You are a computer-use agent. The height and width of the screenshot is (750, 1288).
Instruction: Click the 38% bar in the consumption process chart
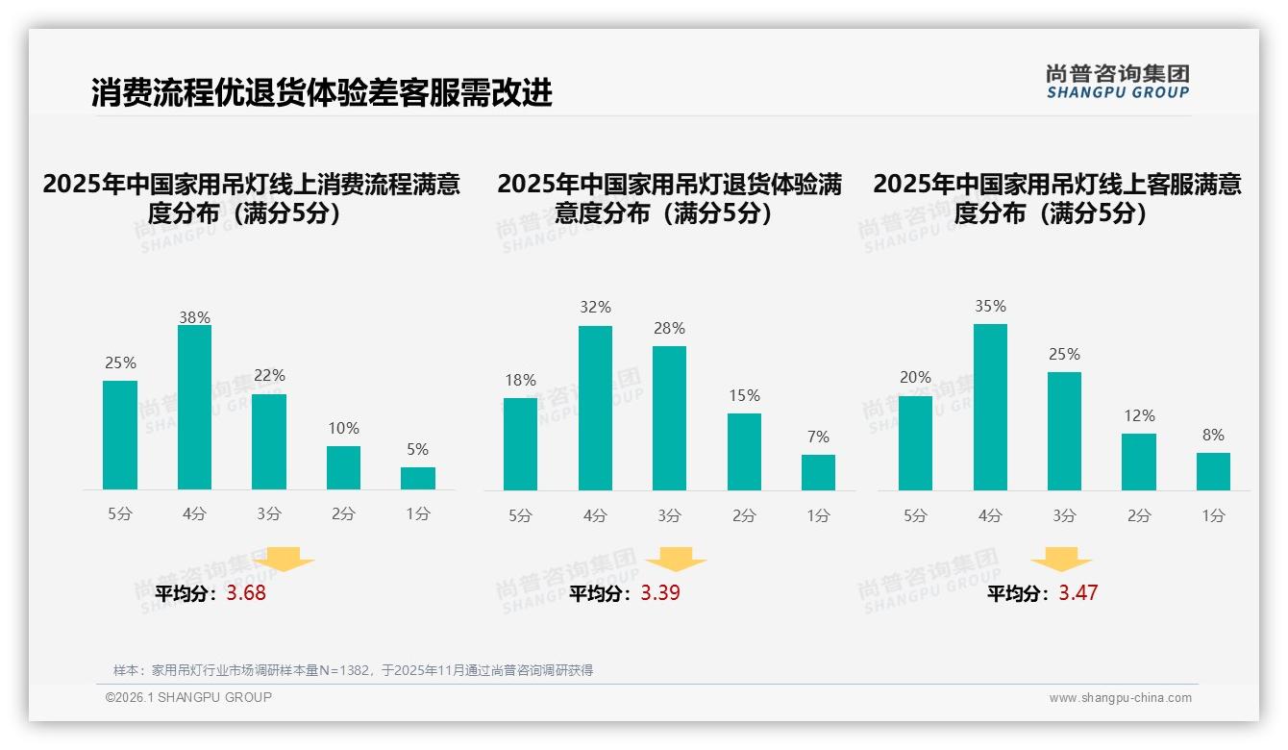pyautogui.click(x=194, y=408)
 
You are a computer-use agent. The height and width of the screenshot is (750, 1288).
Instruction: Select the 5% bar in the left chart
pyautogui.click(x=418, y=478)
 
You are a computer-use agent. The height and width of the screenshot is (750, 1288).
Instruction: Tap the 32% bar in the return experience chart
pyautogui.click(x=595, y=408)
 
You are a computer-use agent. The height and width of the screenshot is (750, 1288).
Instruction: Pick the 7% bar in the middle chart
pyautogui.click(x=818, y=472)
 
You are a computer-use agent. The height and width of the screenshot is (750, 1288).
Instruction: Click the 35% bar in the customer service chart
pyautogui.click(x=990, y=407)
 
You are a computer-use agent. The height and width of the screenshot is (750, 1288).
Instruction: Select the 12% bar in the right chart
pyautogui.click(x=1139, y=462)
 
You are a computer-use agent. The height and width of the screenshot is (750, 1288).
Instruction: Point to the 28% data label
pyautogui.click(x=669, y=329)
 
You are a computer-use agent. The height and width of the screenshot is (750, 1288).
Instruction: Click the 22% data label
pyautogui.click(x=269, y=375)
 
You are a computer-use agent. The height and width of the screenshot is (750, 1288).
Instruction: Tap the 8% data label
pyautogui.click(x=1213, y=436)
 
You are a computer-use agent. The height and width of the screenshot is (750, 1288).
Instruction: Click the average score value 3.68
pyautogui.click(x=246, y=593)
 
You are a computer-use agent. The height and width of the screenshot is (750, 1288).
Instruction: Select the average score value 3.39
pyautogui.click(x=660, y=593)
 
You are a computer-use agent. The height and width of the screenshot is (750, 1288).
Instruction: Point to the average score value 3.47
pyautogui.click(x=1078, y=593)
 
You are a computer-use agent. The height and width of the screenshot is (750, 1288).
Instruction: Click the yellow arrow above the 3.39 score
pyautogui.click(x=676, y=559)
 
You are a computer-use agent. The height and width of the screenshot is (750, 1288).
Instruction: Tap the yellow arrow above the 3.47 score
pyautogui.click(x=1061, y=559)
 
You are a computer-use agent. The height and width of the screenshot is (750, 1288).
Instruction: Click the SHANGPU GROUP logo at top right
pyautogui.click(x=1117, y=82)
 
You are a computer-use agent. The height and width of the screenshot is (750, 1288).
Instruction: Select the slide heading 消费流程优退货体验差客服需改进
pyautogui.click(x=322, y=93)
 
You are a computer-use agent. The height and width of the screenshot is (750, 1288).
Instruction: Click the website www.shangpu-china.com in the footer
pyautogui.click(x=1120, y=698)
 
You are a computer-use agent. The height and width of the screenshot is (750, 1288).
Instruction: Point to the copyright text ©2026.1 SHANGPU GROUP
pyautogui.click(x=188, y=697)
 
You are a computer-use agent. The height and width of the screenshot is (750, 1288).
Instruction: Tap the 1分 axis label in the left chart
pyautogui.click(x=418, y=514)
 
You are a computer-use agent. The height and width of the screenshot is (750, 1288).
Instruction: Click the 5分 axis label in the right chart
pyautogui.click(x=915, y=516)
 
